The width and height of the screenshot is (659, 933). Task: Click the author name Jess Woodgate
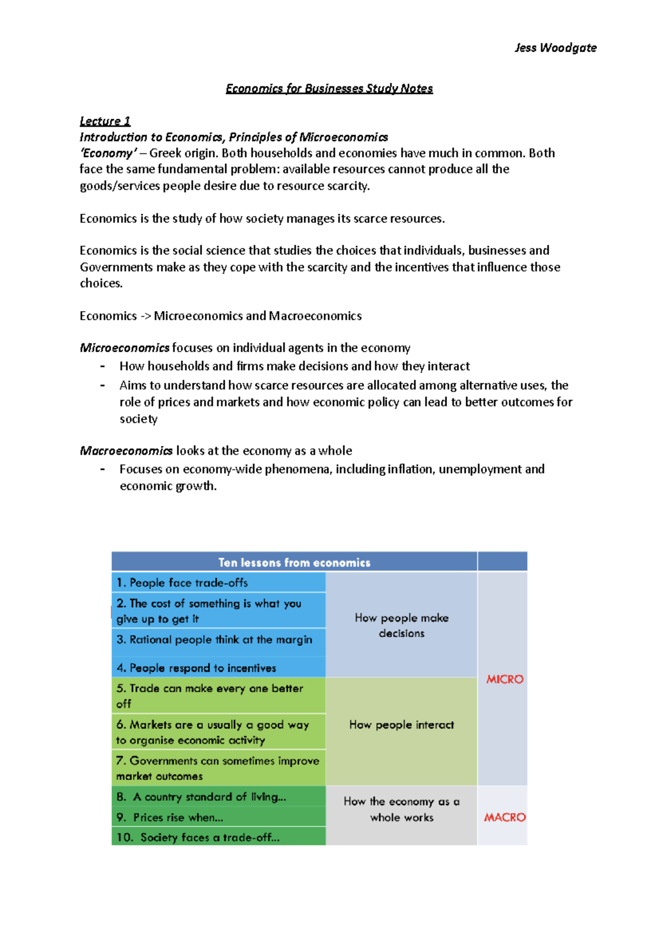[x=555, y=48]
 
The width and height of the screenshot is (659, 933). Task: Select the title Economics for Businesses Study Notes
[x=329, y=88]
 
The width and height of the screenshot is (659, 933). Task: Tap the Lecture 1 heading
[x=105, y=121]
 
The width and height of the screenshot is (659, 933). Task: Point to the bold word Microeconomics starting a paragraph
[x=125, y=348]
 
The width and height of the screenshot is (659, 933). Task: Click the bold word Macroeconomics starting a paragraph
[x=126, y=451]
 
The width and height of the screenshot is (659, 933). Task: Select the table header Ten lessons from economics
[x=294, y=562]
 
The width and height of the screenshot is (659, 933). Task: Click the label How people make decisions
[x=401, y=625]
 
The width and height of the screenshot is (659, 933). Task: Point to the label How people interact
[x=401, y=725]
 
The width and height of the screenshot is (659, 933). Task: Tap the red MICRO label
[x=505, y=680]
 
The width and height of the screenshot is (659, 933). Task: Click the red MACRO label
[x=505, y=818]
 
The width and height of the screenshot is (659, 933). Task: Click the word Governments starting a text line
[x=116, y=268]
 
